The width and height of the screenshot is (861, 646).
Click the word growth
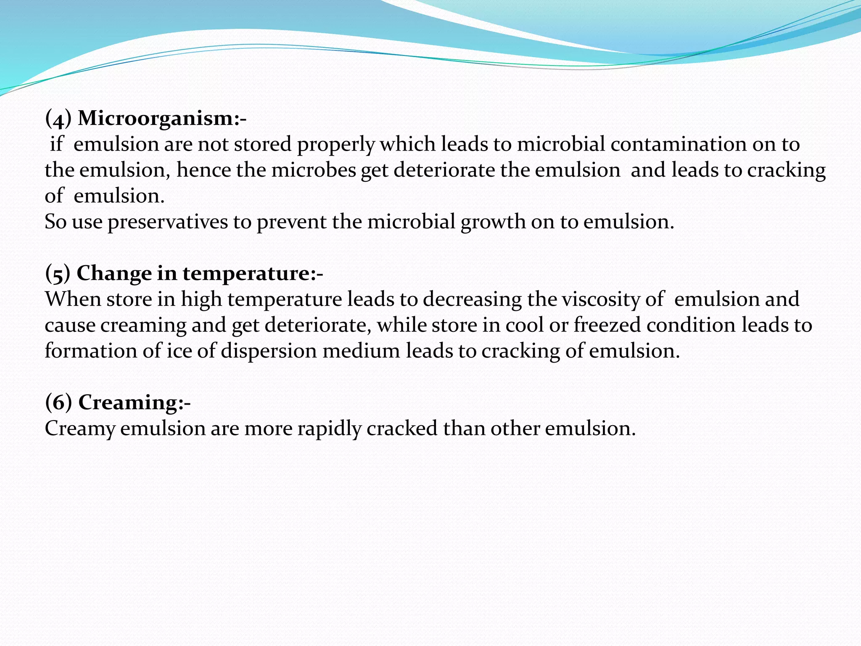493,222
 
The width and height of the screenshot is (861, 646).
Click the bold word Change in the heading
114,274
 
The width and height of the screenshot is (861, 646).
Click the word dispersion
269,351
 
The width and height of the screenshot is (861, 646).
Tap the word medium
361,351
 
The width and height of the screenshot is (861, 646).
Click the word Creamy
80,429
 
